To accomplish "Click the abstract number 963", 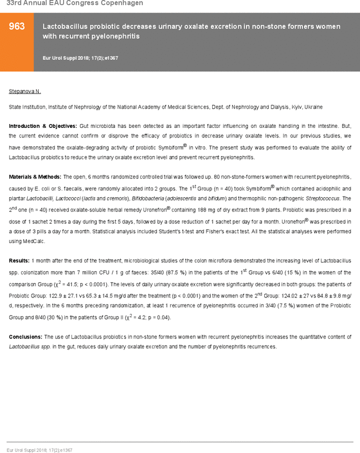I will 17,27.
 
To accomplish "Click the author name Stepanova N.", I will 25,91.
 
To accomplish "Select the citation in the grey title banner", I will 80,58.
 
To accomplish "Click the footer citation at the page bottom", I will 39,450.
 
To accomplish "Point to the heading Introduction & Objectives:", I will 43,126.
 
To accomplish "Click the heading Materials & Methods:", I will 35,177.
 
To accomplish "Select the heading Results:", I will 19,260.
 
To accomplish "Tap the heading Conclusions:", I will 25,337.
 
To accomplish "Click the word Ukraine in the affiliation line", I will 313,107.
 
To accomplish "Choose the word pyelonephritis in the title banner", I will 118,37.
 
